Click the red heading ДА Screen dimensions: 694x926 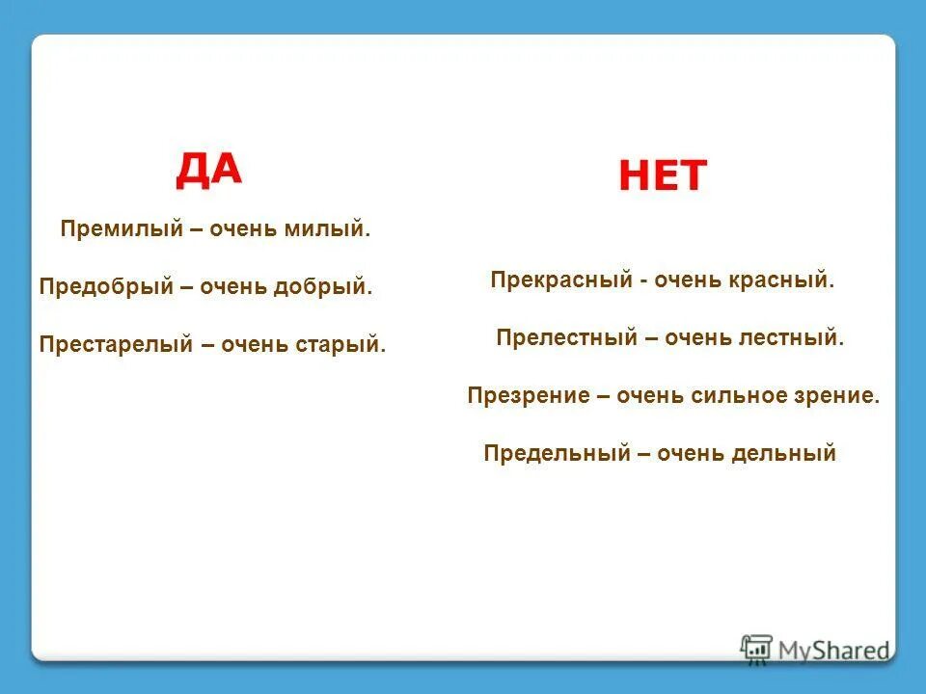[208, 170]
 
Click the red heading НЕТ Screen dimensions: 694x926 [663, 175]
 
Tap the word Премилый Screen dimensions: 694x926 [108, 230]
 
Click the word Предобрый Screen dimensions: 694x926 [105, 287]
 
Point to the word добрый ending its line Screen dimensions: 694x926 [323, 287]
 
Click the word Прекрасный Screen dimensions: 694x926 [558, 281]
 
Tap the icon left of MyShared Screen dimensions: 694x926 [756, 648]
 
